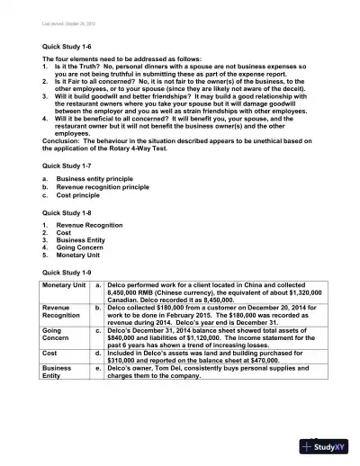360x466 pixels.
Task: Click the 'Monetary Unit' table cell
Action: (65, 285)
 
